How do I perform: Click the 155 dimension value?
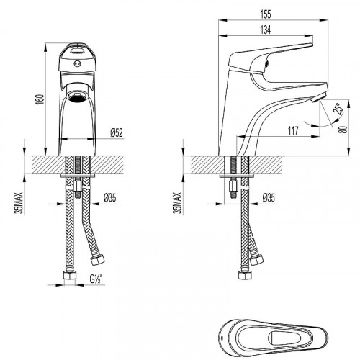point(266,14)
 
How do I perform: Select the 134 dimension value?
point(266,30)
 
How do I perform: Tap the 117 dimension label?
point(293,131)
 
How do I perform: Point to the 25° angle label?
point(338,109)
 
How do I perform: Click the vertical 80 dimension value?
point(344,130)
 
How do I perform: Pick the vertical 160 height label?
point(41,99)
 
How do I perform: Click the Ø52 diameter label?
point(117,132)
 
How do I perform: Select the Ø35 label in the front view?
point(109,198)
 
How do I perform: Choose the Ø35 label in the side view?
point(269,198)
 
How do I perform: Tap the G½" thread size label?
point(96,279)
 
